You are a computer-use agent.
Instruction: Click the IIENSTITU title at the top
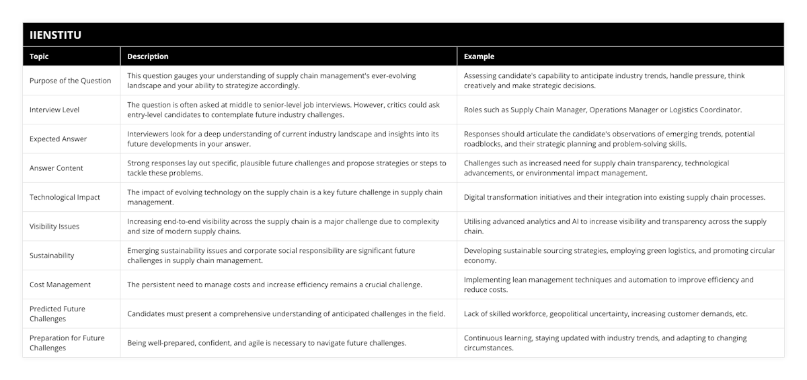pyautogui.click(x=56, y=35)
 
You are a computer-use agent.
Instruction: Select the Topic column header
pyautogui.click(x=39, y=56)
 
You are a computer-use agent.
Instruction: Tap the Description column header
pyautogui.click(x=147, y=56)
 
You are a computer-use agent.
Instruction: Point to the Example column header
pyautogui.click(x=479, y=56)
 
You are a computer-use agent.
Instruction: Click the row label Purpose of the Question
pyautogui.click(x=70, y=81)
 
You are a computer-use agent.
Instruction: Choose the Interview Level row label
pyautogui.click(x=54, y=110)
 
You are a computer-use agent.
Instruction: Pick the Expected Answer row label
pyautogui.click(x=58, y=139)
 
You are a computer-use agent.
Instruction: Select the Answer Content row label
pyautogui.click(x=56, y=168)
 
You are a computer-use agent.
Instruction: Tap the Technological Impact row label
pyautogui.click(x=65, y=197)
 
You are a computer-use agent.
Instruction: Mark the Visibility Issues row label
pyautogui.click(x=54, y=227)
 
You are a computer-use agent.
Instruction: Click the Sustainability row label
pyautogui.click(x=52, y=256)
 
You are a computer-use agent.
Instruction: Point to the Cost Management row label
pyautogui.click(x=60, y=284)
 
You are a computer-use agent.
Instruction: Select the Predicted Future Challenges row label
pyautogui.click(x=57, y=313)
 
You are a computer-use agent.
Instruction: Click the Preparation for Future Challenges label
pyautogui.click(x=67, y=343)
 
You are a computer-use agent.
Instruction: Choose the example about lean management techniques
pyautogui.click(x=608, y=284)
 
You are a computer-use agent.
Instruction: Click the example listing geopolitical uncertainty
pyautogui.click(x=605, y=313)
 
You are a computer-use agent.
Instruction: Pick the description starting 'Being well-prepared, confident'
pyautogui.click(x=266, y=343)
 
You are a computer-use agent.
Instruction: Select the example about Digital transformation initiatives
pyautogui.click(x=614, y=197)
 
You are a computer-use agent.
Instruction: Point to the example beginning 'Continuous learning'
pyautogui.click(x=605, y=343)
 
